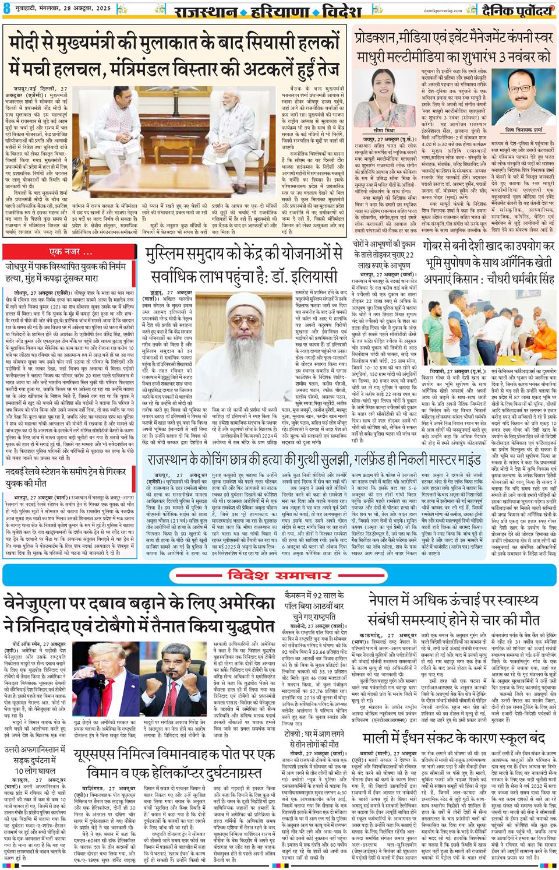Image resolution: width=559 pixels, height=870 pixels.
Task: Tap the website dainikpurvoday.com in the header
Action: pyautogui.click(x=437, y=10)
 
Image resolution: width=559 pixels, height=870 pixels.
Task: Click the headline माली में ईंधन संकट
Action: pyautogui.click(x=454, y=736)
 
